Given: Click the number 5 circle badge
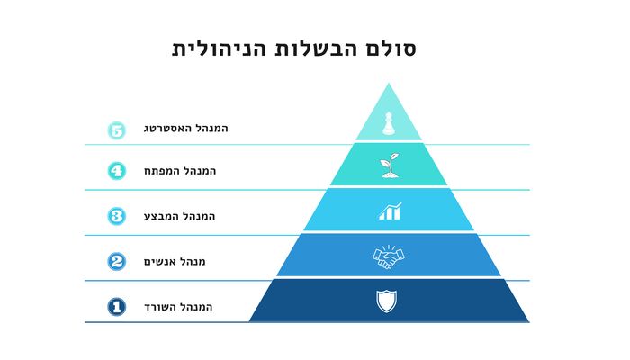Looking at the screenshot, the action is (x=116, y=130).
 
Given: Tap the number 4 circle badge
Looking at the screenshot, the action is (x=116, y=171).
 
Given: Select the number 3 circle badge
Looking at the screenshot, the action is (x=116, y=216).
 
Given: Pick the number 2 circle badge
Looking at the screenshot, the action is (x=116, y=262).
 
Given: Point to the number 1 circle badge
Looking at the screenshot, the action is (x=116, y=307).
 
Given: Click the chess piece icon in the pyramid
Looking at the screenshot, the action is (x=388, y=123).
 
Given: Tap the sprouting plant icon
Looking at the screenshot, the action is (x=390, y=165).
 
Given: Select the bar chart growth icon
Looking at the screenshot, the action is (x=390, y=211).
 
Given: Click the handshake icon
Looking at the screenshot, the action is (x=389, y=257).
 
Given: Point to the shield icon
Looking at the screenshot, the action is (x=386, y=301).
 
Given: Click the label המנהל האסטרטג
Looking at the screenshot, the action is (x=186, y=129).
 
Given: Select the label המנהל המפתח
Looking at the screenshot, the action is (x=180, y=171).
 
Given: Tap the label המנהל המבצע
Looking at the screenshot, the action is (x=180, y=217).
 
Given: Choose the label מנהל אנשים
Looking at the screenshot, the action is (x=175, y=262).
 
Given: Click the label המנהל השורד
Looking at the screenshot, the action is (x=178, y=308).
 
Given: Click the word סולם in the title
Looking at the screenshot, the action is (x=390, y=49).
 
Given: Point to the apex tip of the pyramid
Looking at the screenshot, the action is (x=389, y=83).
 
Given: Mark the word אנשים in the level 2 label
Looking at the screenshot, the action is (x=160, y=262).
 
